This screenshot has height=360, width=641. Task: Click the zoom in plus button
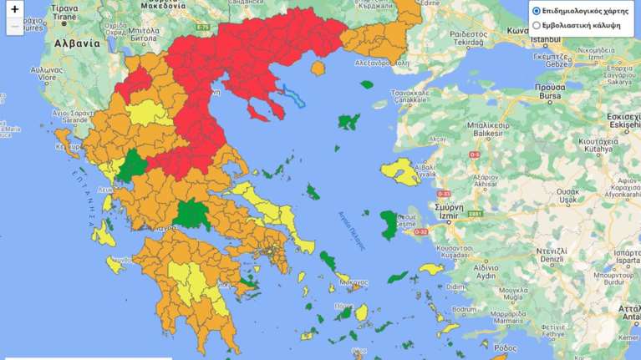click(15, 9)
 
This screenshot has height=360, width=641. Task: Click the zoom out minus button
click(15, 26)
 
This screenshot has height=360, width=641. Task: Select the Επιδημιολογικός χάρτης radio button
click(537, 12)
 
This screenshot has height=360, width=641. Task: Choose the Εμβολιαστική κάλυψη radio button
click(537, 26)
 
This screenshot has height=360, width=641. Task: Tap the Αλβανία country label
click(76, 43)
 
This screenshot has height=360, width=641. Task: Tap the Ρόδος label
click(506, 347)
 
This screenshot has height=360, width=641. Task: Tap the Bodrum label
click(464, 308)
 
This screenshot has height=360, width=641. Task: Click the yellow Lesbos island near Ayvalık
click(399, 171)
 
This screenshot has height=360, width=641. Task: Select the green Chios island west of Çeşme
click(389, 224)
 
